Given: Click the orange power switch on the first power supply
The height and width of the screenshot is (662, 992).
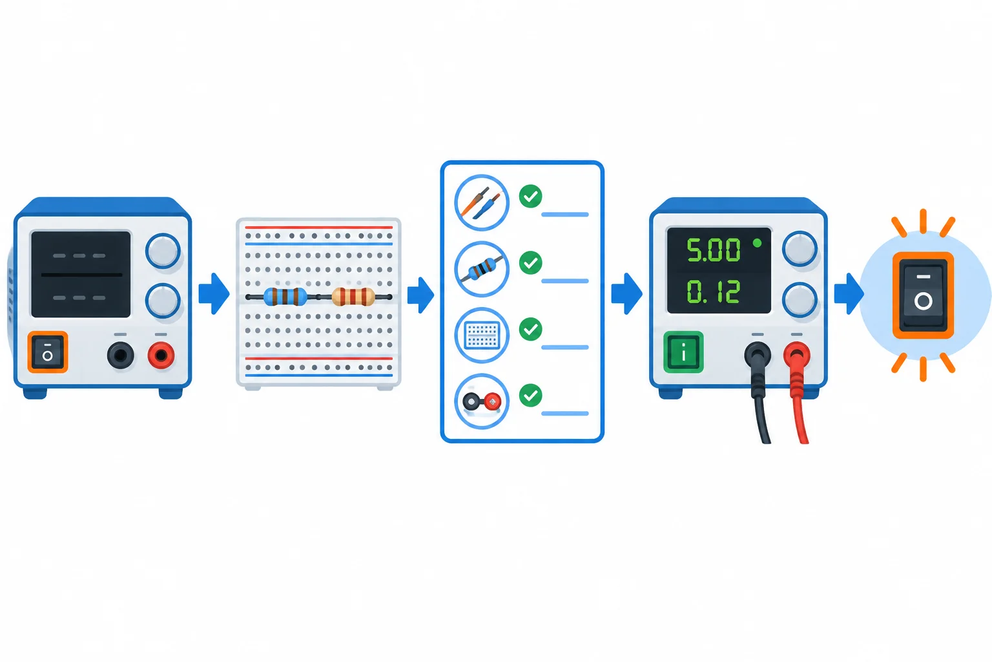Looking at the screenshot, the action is pos(48,352).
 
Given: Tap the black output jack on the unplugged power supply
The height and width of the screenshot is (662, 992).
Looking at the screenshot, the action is pos(121,355).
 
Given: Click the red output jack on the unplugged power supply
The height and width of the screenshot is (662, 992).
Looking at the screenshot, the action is pos(161,355).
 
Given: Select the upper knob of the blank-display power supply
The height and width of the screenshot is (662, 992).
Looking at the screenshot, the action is pos(163,251).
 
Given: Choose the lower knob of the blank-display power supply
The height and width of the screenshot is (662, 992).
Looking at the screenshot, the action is pos(163,301).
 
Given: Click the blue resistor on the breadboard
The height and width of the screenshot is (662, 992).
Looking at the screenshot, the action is pos(285,297).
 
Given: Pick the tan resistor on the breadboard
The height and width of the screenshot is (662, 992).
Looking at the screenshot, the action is pos(353,297).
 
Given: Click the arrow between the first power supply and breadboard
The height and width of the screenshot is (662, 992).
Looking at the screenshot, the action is pos(214,294).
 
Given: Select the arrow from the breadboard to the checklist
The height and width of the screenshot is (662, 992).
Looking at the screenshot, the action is pos(420,295).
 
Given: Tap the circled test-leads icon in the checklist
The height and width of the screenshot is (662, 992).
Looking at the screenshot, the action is pos(482,202).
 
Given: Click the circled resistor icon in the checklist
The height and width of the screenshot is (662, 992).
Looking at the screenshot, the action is pos(482,269).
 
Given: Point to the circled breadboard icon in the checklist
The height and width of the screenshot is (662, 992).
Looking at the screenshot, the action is pos(482,335).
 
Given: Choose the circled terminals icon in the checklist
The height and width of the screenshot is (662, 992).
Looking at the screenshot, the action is pos(482,401).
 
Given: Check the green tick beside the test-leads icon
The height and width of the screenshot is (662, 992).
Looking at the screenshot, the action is pos(530,196).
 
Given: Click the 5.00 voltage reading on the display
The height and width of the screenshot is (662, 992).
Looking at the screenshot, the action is pos(713,250).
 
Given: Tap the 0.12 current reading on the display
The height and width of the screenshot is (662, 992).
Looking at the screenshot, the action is pos(713,292).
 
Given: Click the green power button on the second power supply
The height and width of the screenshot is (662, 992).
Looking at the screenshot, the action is pos(683,352).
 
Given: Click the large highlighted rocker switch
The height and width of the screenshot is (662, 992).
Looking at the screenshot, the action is pos(923,295).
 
